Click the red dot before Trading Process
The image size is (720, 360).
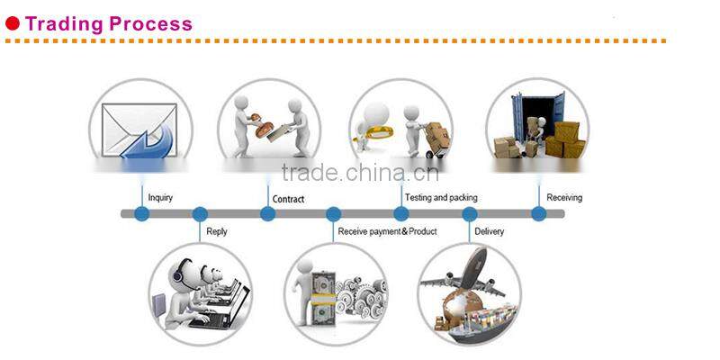click(x=13, y=24)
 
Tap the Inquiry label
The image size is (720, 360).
click(x=160, y=198)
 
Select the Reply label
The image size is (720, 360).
click(x=217, y=231)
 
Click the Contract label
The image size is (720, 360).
click(x=288, y=199)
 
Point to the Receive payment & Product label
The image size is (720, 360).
click(x=387, y=231)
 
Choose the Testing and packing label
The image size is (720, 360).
click(x=441, y=198)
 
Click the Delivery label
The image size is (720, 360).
click(x=489, y=231)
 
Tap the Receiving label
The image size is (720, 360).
click(x=564, y=198)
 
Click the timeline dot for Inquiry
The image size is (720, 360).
click(x=141, y=214)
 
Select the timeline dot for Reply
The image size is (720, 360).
click(x=200, y=214)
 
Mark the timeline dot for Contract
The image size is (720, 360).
click(x=267, y=214)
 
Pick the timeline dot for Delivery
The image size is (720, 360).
click(x=469, y=214)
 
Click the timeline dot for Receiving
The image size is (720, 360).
click(x=538, y=214)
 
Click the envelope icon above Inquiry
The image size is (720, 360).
click(x=139, y=130)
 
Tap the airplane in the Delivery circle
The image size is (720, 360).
click(x=472, y=274)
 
